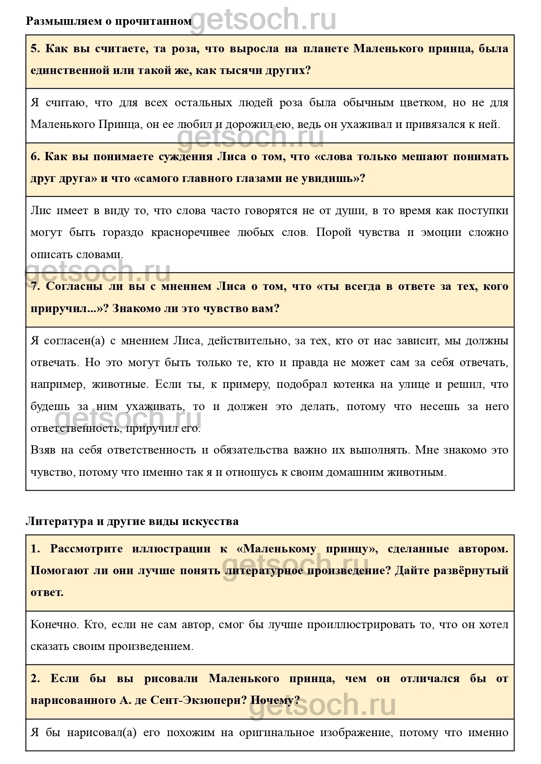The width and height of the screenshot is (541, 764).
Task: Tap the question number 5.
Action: click(x=35, y=48)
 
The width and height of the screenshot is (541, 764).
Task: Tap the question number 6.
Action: click(x=35, y=157)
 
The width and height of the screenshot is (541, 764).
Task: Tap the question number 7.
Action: click(x=35, y=286)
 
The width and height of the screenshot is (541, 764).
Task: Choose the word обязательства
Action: click(x=251, y=450)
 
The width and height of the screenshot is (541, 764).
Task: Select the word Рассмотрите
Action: click(x=87, y=549)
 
